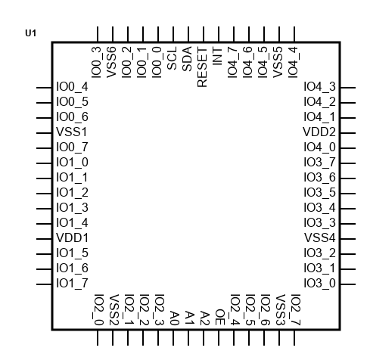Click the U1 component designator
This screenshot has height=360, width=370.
(31, 33)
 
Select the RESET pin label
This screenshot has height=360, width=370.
(202, 67)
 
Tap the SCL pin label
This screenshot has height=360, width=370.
(172, 58)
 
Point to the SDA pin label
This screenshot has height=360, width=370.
(187, 59)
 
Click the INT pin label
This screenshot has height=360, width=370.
(217, 56)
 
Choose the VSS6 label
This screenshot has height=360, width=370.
(111, 62)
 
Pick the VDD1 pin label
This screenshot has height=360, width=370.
(72, 238)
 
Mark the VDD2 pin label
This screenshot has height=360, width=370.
(319, 132)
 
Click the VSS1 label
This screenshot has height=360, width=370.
(72, 132)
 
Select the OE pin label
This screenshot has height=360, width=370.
(219, 318)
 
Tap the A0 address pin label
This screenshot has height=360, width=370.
(174, 318)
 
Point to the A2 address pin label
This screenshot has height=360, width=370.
(204, 318)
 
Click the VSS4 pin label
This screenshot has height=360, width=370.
(320, 238)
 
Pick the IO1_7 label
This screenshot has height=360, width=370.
(72, 284)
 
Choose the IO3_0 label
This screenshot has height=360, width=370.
(320, 284)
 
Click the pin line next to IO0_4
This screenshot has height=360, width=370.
(44, 88)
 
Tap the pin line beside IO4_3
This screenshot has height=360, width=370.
(348, 88)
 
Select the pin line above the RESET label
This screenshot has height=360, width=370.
(204, 35)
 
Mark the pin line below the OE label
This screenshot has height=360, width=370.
(219, 337)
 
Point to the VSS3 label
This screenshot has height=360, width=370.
(280, 310)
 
